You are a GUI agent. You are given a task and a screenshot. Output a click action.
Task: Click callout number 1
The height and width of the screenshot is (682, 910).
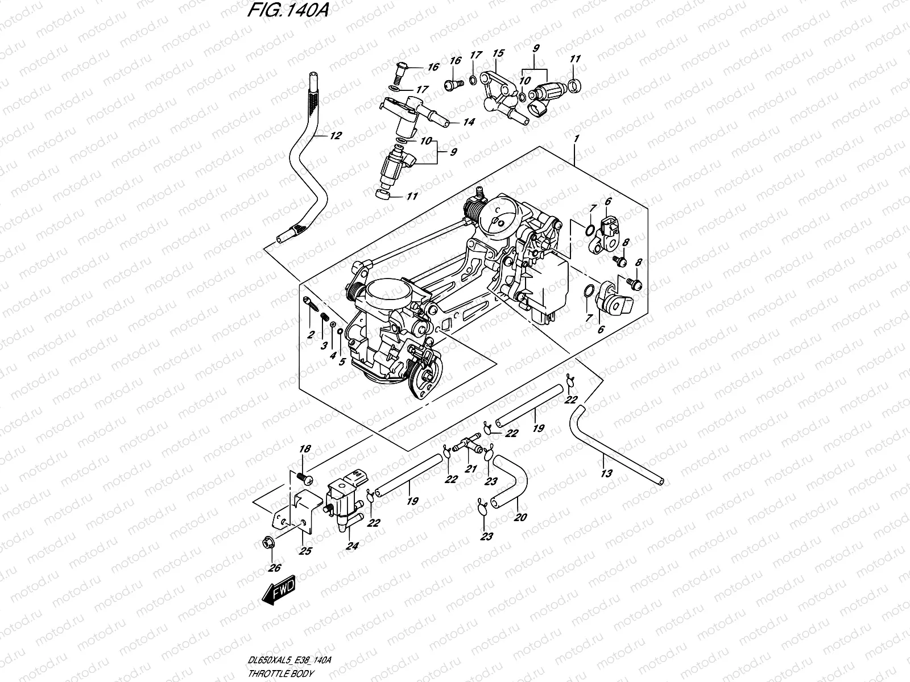[576, 139]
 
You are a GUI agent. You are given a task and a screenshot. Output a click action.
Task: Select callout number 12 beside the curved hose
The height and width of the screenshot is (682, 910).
[335, 136]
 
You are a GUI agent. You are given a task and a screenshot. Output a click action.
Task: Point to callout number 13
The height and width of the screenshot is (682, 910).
[606, 473]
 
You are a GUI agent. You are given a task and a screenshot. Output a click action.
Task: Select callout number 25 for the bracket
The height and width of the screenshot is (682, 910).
[305, 551]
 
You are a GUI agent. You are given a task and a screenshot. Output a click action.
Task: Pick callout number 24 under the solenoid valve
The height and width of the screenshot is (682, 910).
[352, 546]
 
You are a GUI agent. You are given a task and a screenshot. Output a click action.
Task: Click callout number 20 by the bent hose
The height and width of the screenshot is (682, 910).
[520, 517]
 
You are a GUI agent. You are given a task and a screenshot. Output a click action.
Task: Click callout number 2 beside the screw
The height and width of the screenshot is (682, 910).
[311, 335]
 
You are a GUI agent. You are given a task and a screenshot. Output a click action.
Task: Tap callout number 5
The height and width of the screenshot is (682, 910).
[341, 360]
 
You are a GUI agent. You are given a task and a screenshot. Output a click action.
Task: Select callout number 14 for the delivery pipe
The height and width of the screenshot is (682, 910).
[469, 122]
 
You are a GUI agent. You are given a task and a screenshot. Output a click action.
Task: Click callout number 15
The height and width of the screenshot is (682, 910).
[498, 53]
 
